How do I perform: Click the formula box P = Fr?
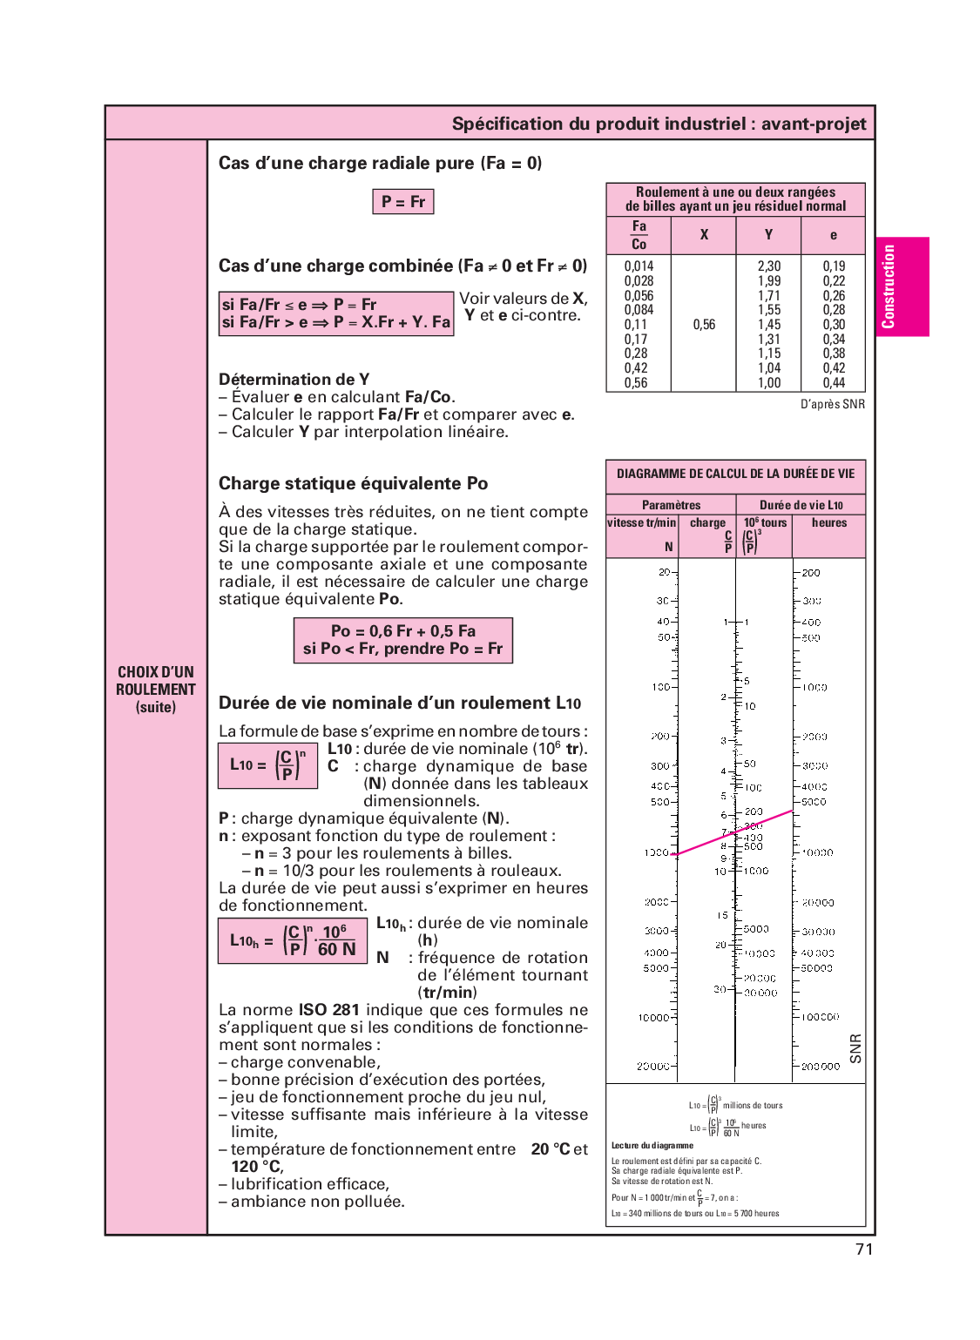(402, 202)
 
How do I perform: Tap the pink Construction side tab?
(902, 286)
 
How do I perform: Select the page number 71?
(863, 1249)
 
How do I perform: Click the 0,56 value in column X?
(704, 325)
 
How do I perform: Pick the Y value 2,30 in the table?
(768, 266)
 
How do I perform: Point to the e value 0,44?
(834, 383)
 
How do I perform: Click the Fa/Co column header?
(639, 235)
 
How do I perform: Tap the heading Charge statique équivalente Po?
(353, 484)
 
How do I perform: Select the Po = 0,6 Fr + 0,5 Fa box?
(402, 641)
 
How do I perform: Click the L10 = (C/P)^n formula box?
(267, 765)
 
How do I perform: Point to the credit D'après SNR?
(832, 404)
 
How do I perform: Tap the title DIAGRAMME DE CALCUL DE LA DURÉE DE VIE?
(735, 475)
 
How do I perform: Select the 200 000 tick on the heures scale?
(820, 1067)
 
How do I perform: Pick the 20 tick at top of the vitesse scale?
(665, 572)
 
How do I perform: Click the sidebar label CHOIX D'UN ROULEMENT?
(156, 681)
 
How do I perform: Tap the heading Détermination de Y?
(294, 380)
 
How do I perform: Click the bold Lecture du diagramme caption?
(652, 1146)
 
